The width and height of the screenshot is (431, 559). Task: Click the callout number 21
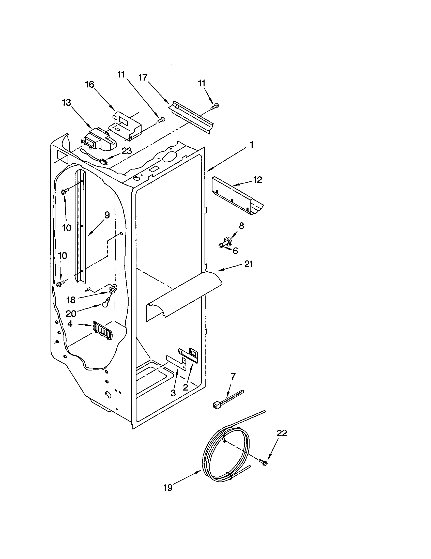(x=249, y=264)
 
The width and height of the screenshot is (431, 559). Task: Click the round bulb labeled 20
(x=105, y=305)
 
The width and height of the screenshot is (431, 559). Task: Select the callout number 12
(x=258, y=180)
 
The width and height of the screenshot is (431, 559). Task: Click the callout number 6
(x=235, y=251)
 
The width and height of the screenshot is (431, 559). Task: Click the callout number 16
(x=89, y=84)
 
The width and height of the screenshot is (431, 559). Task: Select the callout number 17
(x=143, y=77)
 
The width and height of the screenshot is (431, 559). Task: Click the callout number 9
(x=107, y=215)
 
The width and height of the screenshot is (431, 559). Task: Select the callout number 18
(x=71, y=300)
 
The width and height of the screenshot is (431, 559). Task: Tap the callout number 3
(x=173, y=393)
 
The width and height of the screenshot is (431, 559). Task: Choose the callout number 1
(x=252, y=145)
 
